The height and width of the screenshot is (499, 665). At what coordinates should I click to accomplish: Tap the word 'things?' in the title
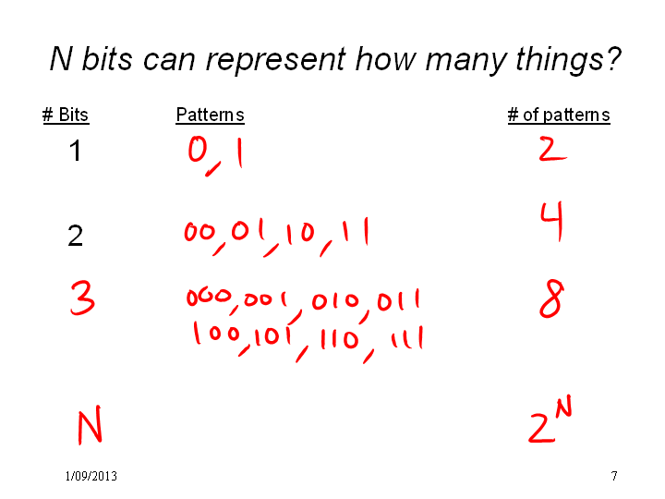click(568, 59)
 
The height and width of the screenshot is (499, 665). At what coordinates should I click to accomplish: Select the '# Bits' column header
click(66, 115)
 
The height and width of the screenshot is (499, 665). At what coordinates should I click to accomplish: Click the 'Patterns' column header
click(210, 115)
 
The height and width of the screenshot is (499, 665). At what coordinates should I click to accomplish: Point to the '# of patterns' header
click(559, 115)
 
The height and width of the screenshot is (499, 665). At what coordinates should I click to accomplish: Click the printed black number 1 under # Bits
click(76, 151)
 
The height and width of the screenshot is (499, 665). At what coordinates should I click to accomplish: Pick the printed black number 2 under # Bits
click(75, 236)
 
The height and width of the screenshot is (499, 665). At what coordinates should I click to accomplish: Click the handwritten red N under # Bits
click(90, 425)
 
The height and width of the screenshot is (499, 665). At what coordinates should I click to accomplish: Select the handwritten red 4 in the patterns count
click(552, 221)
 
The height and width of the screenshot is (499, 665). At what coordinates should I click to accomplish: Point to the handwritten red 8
click(551, 298)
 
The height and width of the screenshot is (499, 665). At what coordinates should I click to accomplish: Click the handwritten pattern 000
click(209, 297)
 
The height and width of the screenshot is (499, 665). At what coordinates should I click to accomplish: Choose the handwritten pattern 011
click(398, 300)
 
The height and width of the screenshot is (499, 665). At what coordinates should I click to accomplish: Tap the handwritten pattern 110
click(339, 339)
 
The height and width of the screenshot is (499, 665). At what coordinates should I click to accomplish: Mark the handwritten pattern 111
click(407, 338)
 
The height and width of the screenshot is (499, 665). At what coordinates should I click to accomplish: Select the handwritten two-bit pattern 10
click(301, 233)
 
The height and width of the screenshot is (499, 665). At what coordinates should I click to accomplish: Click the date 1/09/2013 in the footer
click(91, 476)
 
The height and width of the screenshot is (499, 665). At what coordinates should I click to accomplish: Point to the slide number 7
click(613, 476)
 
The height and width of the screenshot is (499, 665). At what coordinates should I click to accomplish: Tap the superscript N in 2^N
click(563, 407)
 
